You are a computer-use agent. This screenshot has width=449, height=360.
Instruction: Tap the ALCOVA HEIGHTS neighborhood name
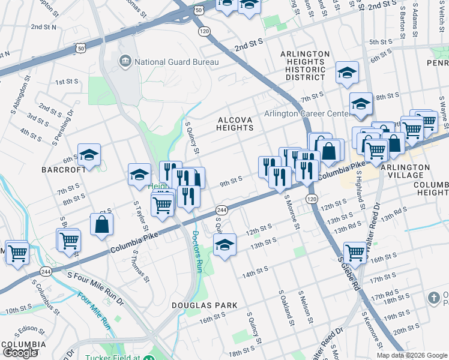tap(235, 124)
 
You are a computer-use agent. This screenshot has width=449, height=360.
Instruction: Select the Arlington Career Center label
tap(307, 114)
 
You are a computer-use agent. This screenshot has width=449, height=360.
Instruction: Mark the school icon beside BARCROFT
tap(89, 155)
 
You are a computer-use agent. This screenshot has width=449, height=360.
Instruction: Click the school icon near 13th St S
tap(224, 244)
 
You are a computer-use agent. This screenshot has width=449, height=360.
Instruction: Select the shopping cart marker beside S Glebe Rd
tap(355, 253)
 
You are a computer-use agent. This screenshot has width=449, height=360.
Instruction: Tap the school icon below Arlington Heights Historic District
tap(347, 73)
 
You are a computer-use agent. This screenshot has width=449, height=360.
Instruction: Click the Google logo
tap(19, 353)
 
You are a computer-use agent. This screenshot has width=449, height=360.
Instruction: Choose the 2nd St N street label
tap(43, 27)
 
